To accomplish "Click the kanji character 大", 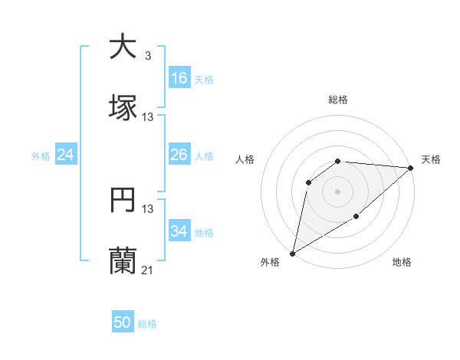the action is pos(123,47).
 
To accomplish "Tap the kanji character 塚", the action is pos(123,107).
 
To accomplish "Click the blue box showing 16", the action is pos(179,78).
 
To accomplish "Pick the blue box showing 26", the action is pos(179,155).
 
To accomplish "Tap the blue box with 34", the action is pos(179,231).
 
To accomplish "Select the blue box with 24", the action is pos(66,155).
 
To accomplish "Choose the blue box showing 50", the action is pos(123,322).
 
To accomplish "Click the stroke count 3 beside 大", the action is pos(147,56).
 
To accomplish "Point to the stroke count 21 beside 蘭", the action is pos(147,270).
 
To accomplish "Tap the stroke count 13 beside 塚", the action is pos(147,117).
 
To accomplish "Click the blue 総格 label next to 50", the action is pos(147,324).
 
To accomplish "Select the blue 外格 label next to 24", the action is pos(41,156).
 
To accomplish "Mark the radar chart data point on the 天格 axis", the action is pos(411,168).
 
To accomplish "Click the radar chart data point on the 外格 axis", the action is pos(292,253).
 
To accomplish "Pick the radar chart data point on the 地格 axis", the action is pos(356,218).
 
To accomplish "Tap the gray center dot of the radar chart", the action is pos(337,191).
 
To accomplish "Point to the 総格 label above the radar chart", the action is pos(337,100).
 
